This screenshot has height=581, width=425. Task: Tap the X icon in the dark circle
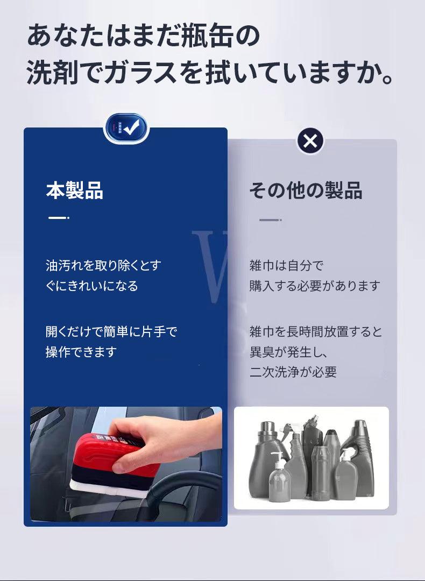tap(310, 141)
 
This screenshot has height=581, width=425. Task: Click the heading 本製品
tap(74, 190)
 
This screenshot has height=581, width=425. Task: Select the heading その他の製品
tap(306, 190)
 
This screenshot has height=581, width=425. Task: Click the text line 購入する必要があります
tap(315, 286)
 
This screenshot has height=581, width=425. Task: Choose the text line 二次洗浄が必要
tap(293, 372)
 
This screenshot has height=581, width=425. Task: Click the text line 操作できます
tap(81, 352)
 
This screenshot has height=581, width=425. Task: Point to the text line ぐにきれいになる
tap(91, 286)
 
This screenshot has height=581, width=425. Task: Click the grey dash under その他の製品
tap(271, 220)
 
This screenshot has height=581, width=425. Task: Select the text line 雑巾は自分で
tap(286, 265)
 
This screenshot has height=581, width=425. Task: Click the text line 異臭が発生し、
tap(289, 352)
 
